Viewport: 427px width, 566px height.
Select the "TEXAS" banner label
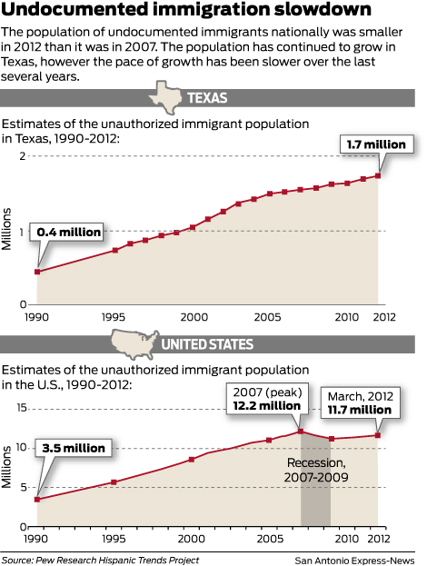click(206, 98)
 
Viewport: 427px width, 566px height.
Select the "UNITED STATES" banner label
click(206, 345)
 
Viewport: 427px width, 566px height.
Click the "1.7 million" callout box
click(378, 144)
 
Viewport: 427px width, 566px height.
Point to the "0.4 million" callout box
click(67, 233)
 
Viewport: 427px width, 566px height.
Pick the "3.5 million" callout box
click(72, 448)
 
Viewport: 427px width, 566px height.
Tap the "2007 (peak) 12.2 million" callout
click(267, 398)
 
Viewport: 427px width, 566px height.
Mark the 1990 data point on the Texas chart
click(37, 272)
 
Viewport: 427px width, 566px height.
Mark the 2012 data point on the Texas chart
click(378, 175)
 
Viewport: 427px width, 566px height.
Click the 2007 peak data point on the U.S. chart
click(301, 431)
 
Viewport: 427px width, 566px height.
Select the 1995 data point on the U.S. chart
click(114, 482)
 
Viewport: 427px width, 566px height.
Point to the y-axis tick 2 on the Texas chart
click(21, 157)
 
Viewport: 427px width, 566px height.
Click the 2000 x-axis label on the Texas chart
click(193, 317)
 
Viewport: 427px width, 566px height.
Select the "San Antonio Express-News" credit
click(358, 560)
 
